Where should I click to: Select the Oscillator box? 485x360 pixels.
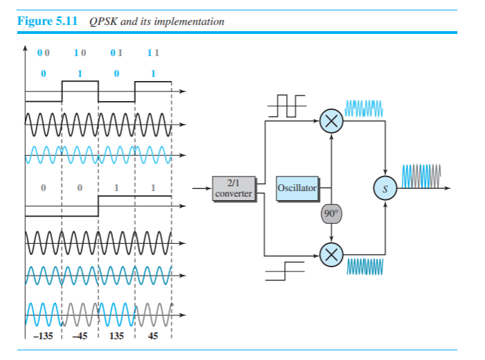click(297, 188)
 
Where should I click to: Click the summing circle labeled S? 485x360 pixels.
click(385, 188)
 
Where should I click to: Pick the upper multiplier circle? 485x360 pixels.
click(332, 122)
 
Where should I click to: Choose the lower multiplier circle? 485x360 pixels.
click(332, 254)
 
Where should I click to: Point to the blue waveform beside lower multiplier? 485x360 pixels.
click(364, 267)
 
